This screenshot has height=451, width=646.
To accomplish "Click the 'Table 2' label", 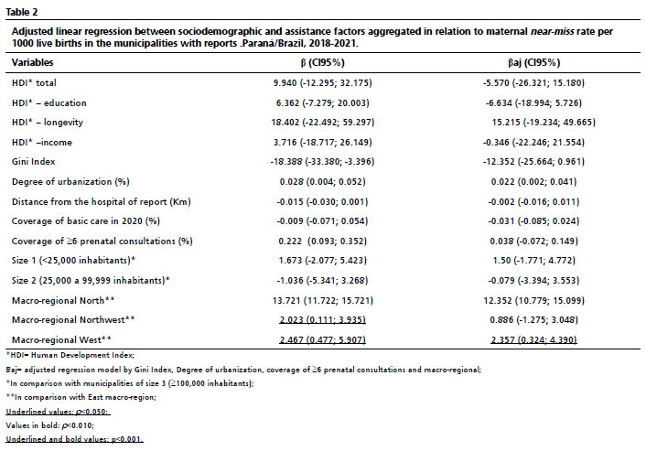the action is click(21, 12).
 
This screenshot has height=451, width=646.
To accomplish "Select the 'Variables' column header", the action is click(33, 62).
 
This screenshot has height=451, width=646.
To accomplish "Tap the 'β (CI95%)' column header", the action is click(323, 62).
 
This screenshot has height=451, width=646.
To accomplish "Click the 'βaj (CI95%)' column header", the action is click(534, 62).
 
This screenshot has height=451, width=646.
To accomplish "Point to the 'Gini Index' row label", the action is click(33, 161).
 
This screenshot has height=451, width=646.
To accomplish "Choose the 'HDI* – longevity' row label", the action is click(48, 123).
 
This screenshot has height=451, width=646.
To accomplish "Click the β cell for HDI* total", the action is click(323, 82).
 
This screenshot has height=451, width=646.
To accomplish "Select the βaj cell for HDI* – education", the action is click(533, 102).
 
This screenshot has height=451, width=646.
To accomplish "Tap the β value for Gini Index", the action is click(323, 161).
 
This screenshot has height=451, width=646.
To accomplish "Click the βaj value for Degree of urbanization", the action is click(533, 182).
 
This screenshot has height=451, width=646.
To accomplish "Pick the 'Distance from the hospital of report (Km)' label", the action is click(102, 202).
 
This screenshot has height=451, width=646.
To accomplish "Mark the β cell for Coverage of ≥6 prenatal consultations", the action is click(323, 241).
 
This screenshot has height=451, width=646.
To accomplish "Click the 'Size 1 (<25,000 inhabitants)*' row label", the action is click(73, 261).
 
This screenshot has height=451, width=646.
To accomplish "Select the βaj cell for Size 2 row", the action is click(533, 281).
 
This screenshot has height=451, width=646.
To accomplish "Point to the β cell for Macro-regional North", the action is click(323, 300).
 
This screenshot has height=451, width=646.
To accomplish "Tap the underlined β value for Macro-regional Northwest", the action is click(323, 319).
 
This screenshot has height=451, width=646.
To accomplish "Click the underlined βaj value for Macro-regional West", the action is click(533, 339).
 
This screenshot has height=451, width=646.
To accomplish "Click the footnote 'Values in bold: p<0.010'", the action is click(49, 425).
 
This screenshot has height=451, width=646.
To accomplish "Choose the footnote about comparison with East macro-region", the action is click(81, 397).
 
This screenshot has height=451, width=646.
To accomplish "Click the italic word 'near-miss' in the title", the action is click(552, 31).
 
